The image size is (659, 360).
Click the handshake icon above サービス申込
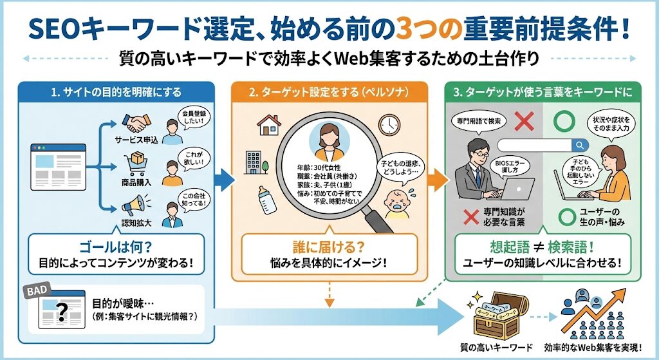pyautogui.click(x=135, y=123)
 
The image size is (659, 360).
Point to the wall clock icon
pyautogui.click(x=390, y=124)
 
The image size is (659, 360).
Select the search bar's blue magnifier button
pyautogui.click(x=580, y=145)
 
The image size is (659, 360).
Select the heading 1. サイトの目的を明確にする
pyautogui.click(x=116, y=93)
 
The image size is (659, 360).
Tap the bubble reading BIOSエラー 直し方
pyautogui.click(x=508, y=167)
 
